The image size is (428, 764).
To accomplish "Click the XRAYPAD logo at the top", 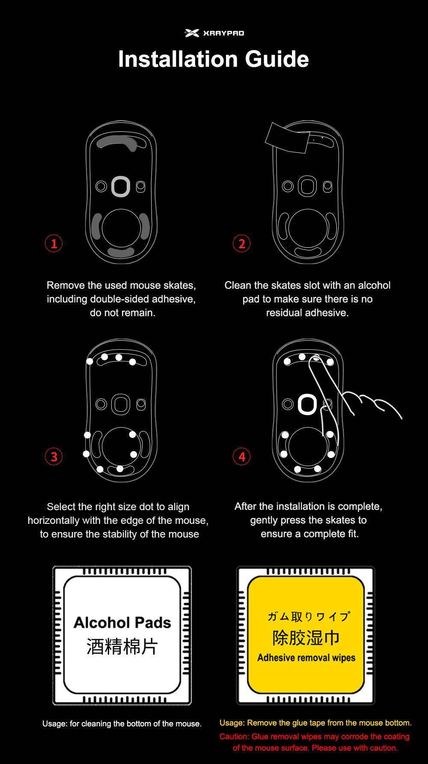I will pyautogui.click(x=214, y=33).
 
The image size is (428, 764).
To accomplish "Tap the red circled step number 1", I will pyautogui.click(x=54, y=243).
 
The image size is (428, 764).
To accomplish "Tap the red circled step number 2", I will pyautogui.click(x=241, y=243).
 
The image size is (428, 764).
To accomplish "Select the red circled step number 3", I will pyautogui.click(x=54, y=456).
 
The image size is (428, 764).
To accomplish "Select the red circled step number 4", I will pyautogui.click(x=242, y=456).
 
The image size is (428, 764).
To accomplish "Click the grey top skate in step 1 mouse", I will pyautogui.click(x=116, y=142).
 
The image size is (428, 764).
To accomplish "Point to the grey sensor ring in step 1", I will pyautogui.click(x=120, y=187).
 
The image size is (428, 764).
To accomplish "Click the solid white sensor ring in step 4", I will pyautogui.click(x=307, y=404).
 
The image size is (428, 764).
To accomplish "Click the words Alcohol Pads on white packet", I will pyautogui.click(x=122, y=622).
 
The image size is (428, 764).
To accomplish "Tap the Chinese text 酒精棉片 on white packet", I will pyautogui.click(x=122, y=646).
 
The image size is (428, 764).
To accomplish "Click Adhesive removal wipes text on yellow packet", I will pyautogui.click(x=306, y=658).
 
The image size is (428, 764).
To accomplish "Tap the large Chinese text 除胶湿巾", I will pyautogui.click(x=306, y=638).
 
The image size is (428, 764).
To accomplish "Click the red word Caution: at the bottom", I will pyautogui.click(x=234, y=737).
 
